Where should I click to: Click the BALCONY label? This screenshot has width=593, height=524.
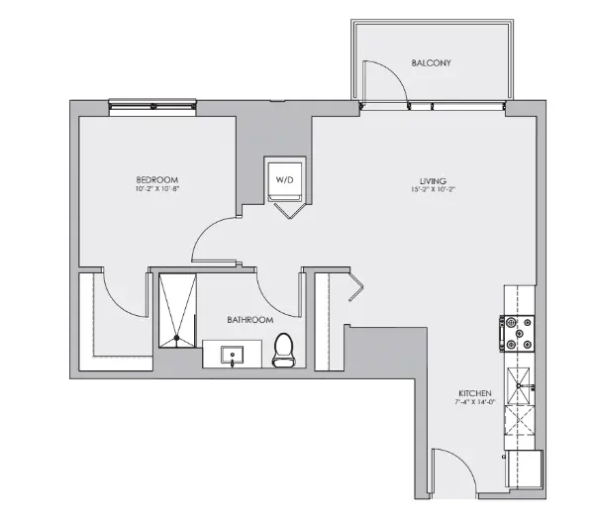click(x=431, y=62)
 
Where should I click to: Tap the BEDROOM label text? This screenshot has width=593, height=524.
click(x=155, y=179)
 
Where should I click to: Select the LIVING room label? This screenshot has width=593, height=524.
click(x=433, y=180)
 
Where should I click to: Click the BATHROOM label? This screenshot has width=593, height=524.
click(x=249, y=320)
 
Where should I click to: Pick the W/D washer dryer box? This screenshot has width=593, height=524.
click(x=285, y=180)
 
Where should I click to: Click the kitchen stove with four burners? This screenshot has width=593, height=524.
click(x=519, y=334)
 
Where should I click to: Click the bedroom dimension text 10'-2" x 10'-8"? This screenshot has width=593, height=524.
click(x=155, y=189)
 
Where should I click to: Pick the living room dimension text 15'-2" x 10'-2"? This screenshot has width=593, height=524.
click(x=433, y=190)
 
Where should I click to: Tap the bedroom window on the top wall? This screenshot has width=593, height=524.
click(x=151, y=102)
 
